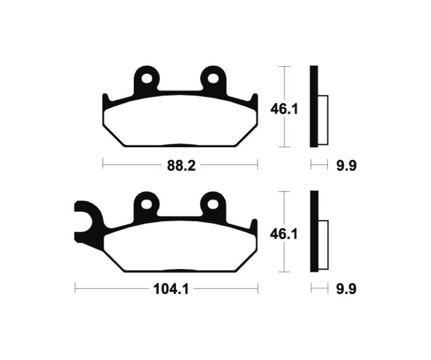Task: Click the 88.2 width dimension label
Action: coord(181,166)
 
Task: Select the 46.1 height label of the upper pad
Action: coord(284,109)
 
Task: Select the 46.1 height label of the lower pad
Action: coord(284,234)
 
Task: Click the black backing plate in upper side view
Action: coord(314,106)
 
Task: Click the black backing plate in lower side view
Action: coord(314,231)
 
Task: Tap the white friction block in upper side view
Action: coord(323,120)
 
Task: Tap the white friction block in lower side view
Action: coord(323,244)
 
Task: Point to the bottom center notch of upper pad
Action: coord(180,145)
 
